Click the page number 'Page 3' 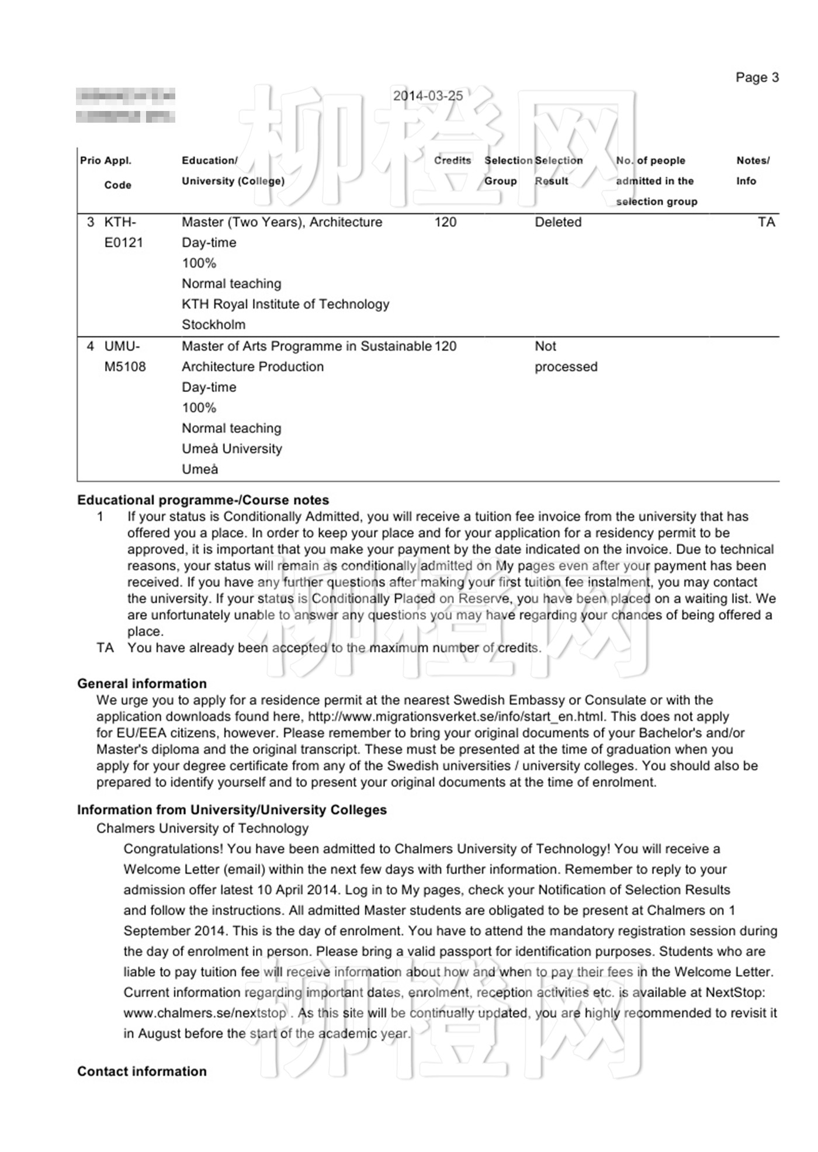(757, 78)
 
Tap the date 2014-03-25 (428, 96)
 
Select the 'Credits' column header (452, 161)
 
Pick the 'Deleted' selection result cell (558, 223)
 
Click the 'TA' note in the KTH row (766, 223)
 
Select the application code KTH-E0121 (123, 233)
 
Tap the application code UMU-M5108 (124, 356)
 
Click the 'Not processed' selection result (565, 356)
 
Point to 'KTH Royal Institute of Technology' (285, 304)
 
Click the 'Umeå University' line (231, 449)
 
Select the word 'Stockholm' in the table (213, 325)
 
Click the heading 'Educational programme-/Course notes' (203, 500)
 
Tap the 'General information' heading (141, 683)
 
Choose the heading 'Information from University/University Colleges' (231, 810)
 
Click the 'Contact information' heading (141, 1071)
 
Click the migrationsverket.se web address (456, 717)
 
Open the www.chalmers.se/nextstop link (205, 1013)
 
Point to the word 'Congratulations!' (173, 849)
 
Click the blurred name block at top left (125, 106)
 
